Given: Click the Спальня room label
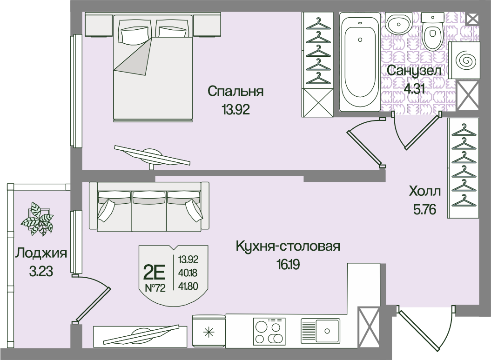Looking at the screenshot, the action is [x=235, y=92].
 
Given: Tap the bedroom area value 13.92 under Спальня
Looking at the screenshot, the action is [x=236, y=110].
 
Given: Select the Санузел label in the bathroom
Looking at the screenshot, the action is [x=414, y=71].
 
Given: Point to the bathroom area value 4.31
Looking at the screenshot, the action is [x=414, y=89].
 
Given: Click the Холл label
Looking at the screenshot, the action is [x=425, y=191].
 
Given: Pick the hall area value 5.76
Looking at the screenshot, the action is [x=424, y=210].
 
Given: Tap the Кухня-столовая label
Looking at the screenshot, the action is [x=288, y=247].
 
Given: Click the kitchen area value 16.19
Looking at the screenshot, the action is [x=288, y=265].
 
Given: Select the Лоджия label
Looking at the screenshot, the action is [x=41, y=253].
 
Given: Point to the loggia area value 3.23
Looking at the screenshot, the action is [x=41, y=272].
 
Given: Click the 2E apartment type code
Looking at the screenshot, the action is [x=154, y=273].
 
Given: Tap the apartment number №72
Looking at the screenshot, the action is [x=155, y=288].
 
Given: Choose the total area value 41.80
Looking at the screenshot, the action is [x=188, y=286].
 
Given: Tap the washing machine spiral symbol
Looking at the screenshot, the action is [x=464, y=60].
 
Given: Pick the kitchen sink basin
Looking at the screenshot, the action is [x=327, y=331].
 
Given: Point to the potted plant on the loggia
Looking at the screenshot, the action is [x=38, y=219].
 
